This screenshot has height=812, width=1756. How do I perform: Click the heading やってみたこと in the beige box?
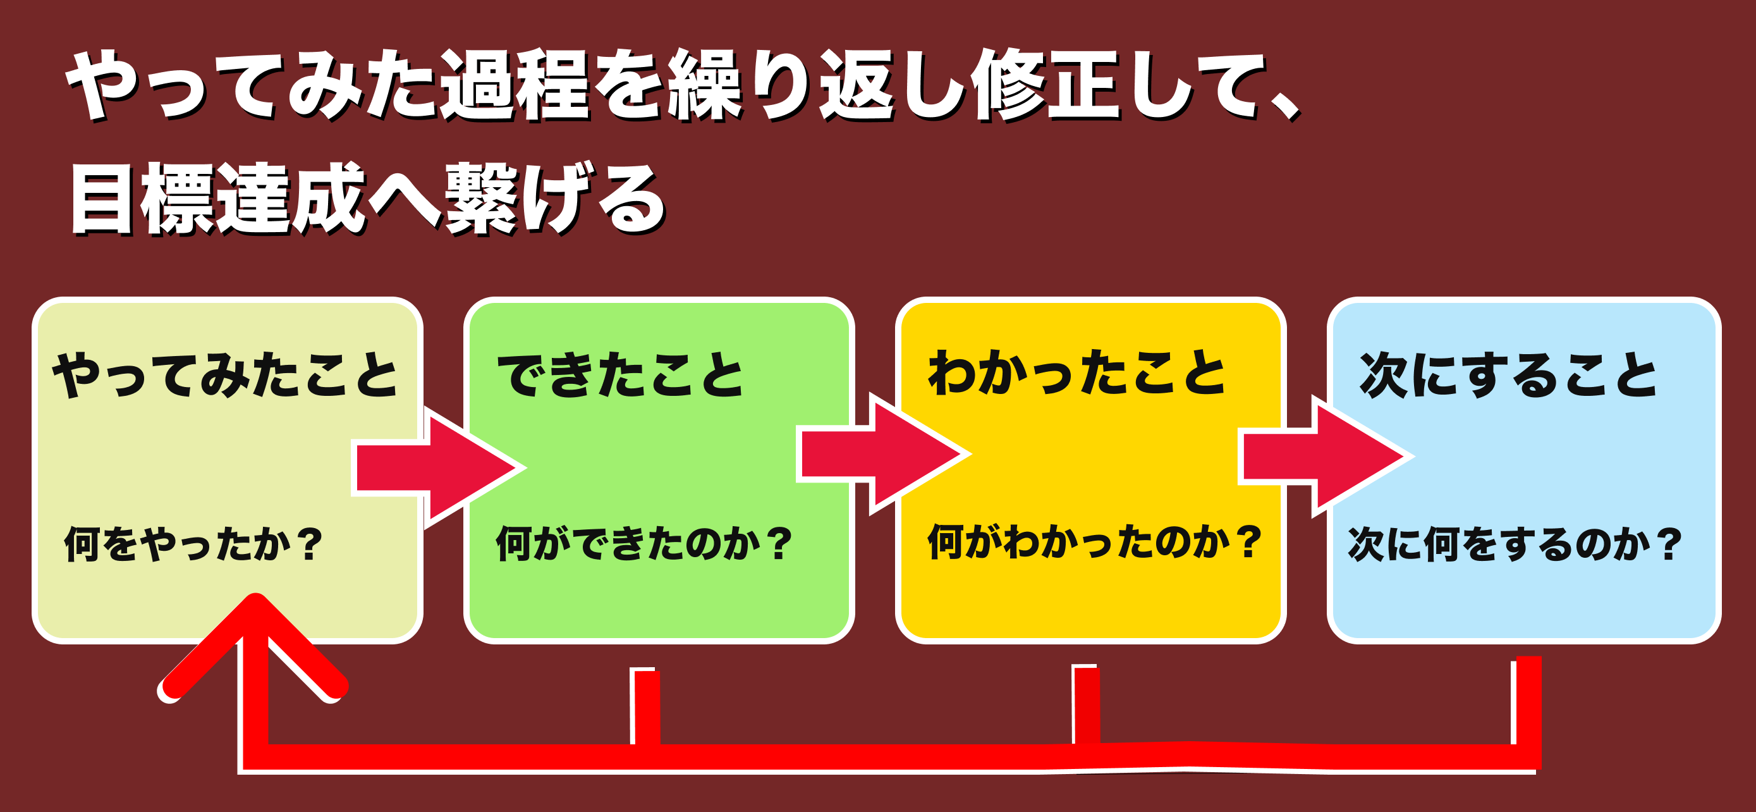[226, 374]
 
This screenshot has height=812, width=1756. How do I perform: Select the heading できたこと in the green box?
[620, 374]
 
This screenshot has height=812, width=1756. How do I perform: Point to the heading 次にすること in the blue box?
[1509, 374]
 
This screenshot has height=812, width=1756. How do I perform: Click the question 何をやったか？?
[193, 543]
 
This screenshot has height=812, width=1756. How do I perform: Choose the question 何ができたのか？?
[644, 543]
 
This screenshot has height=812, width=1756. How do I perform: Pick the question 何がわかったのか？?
[1095, 542]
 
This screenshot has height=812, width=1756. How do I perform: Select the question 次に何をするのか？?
[1515, 543]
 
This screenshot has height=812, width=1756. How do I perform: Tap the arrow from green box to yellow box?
[884, 454]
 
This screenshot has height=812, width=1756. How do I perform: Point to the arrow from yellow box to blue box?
[1327, 456]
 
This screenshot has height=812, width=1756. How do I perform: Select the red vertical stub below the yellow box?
[1086, 704]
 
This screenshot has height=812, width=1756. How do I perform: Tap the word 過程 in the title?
[515, 85]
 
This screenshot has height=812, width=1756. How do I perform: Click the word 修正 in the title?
[1046, 85]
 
